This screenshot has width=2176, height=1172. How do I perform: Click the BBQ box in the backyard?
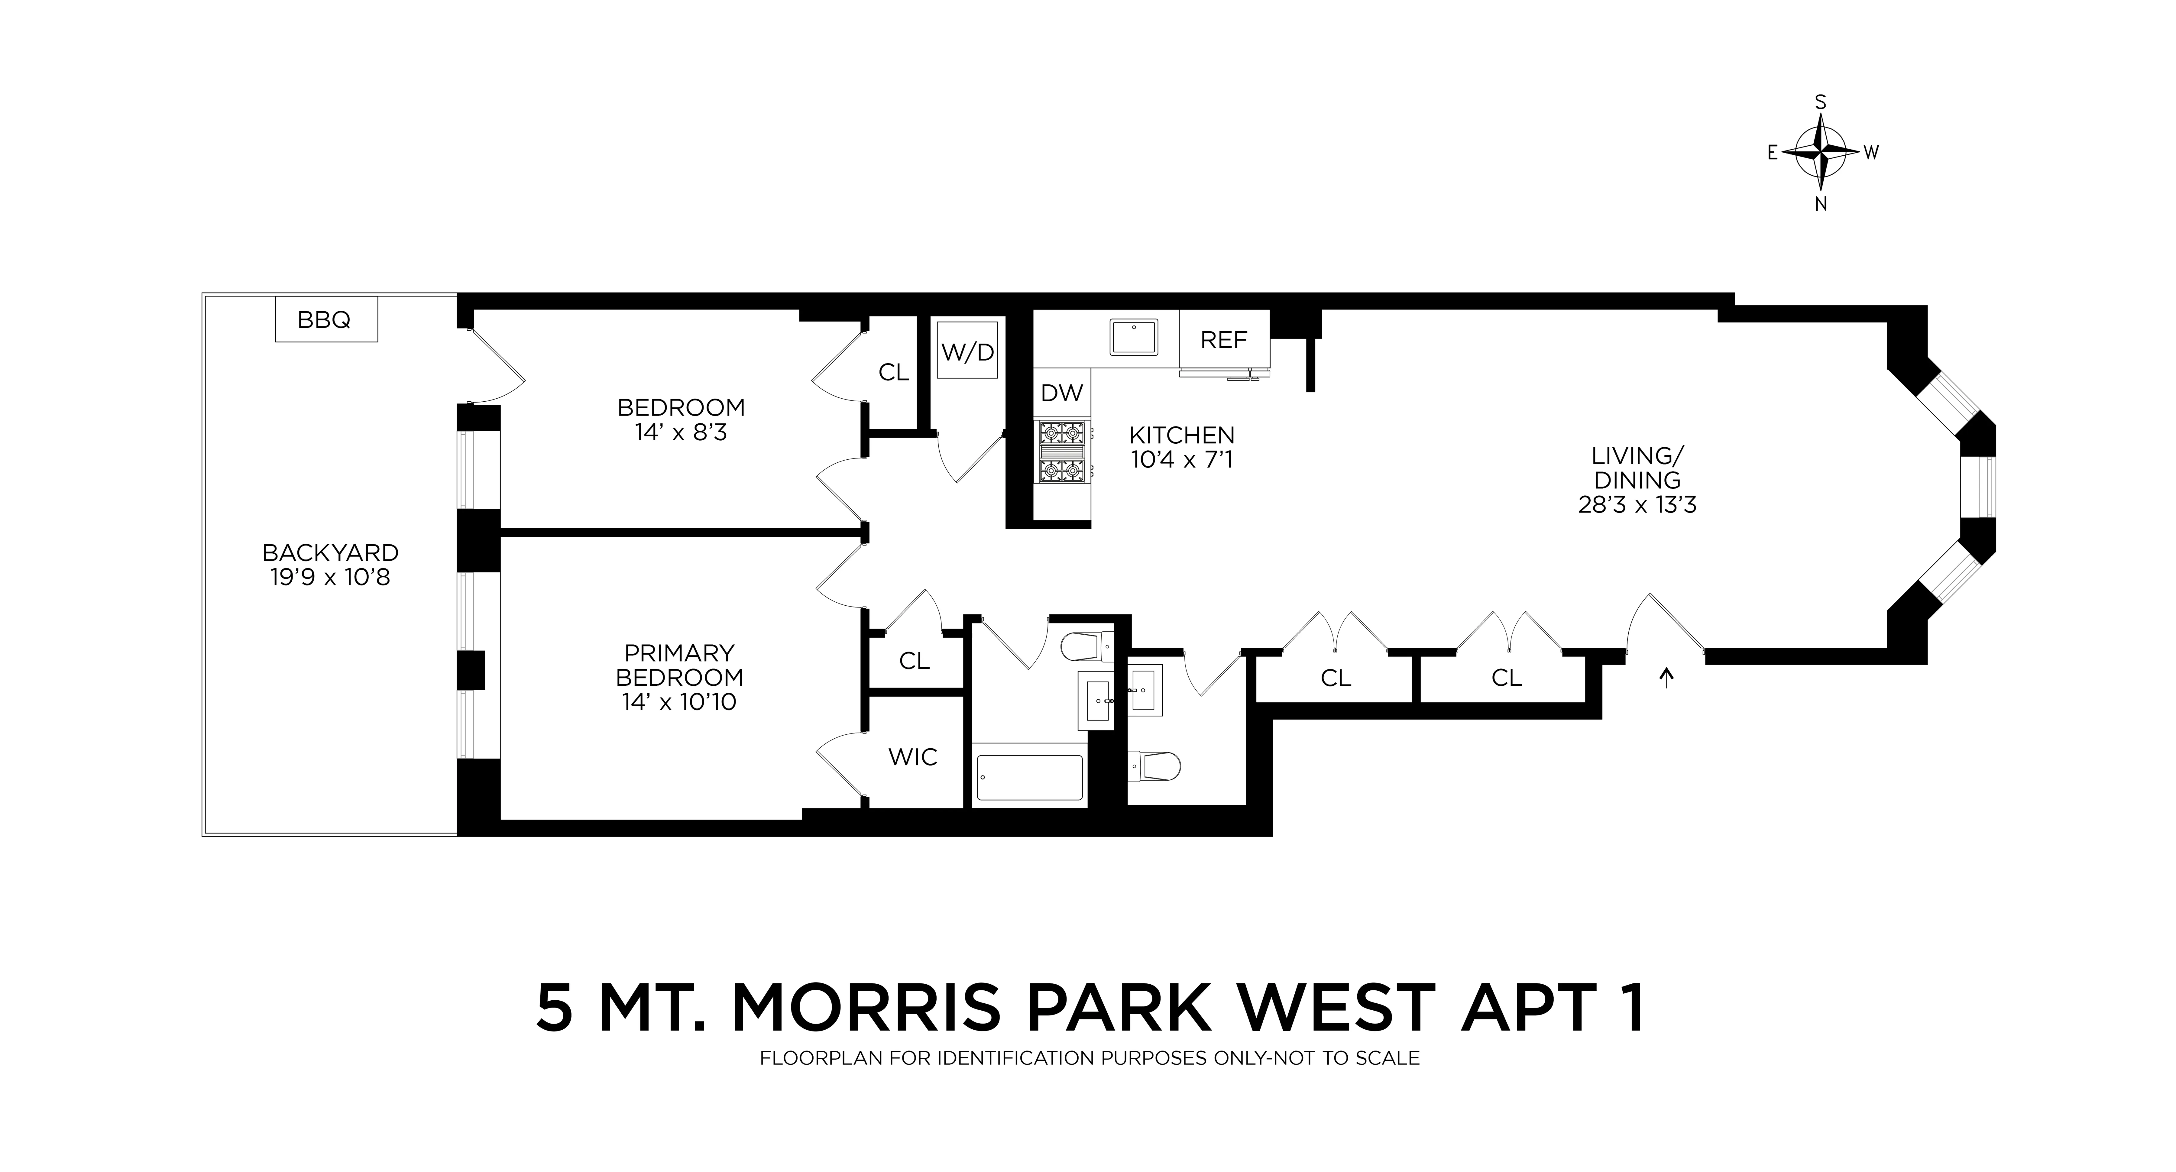tap(325, 320)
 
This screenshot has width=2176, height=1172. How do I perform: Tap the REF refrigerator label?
tap(1223, 340)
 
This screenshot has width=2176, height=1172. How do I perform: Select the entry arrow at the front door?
tap(1666, 677)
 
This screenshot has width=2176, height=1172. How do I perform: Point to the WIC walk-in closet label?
tap(912, 757)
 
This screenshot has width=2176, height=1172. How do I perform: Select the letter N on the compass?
tap(1821, 204)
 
